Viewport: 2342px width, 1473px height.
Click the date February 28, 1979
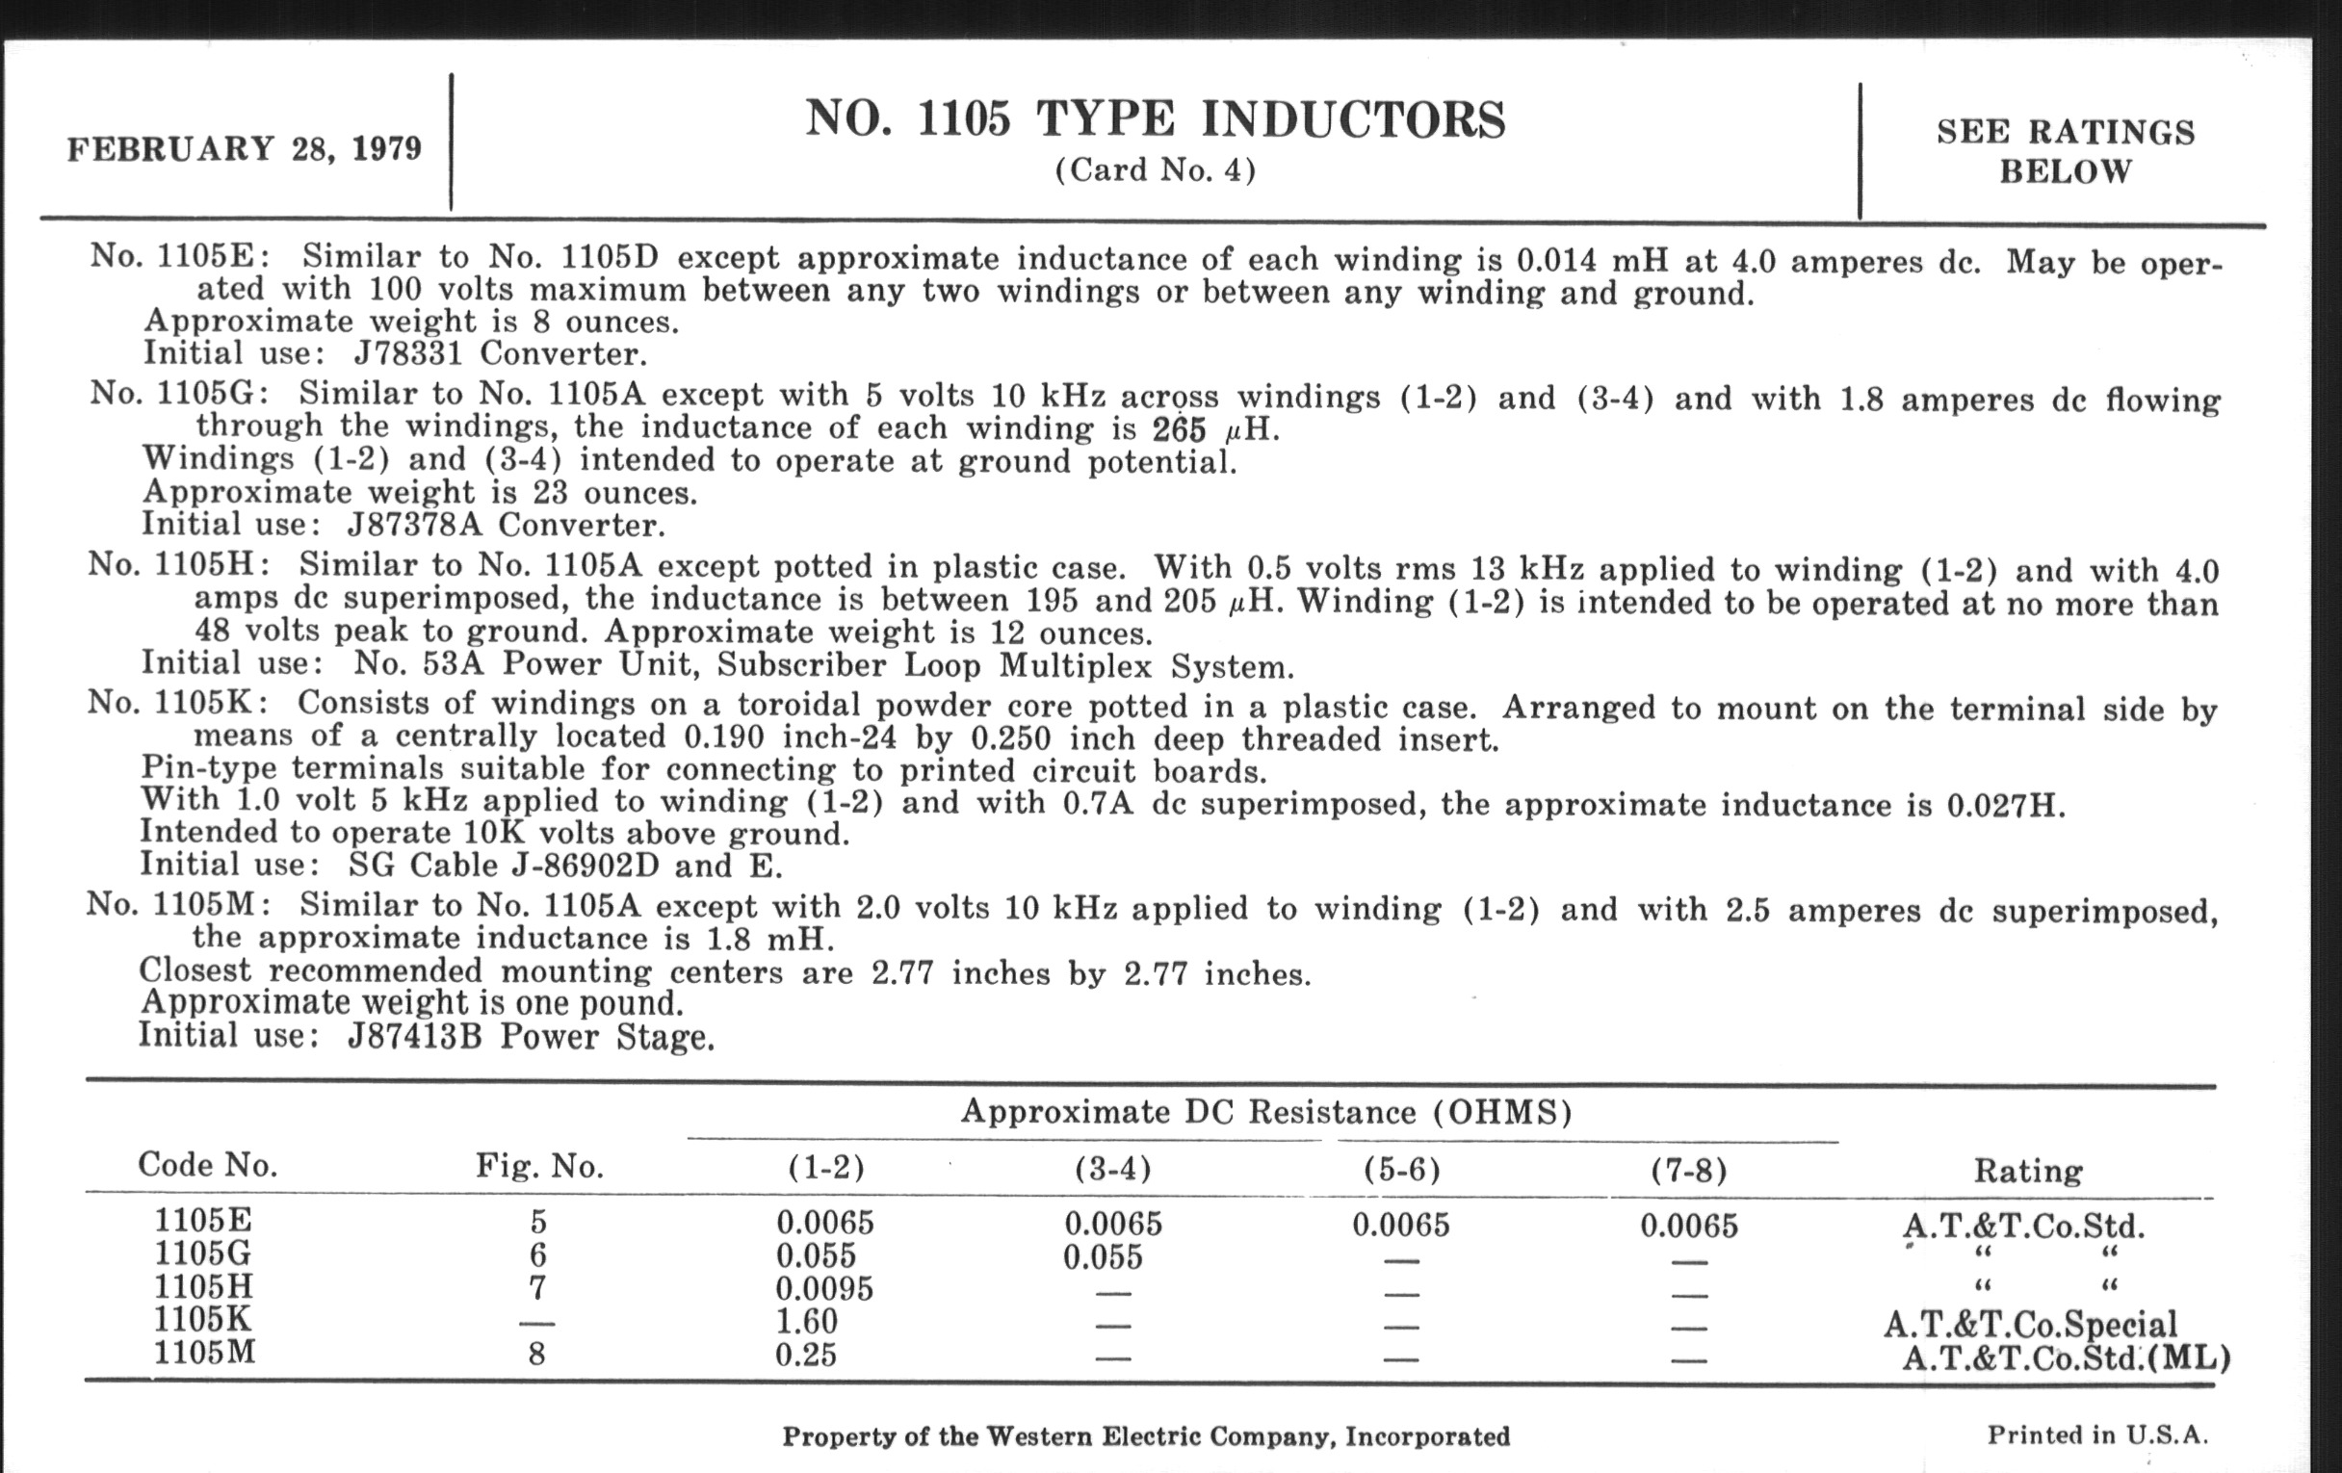(x=245, y=149)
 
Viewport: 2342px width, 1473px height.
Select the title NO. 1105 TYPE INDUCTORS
(x=1155, y=119)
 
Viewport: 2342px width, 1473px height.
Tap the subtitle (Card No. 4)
(x=1155, y=171)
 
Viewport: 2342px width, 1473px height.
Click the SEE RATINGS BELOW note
(x=2065, y=152)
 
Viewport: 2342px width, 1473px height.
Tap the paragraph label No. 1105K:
(x=179, y=702)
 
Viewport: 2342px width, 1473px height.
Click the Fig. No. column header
(x=539, y=1166)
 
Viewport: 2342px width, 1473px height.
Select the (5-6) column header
(x=1400, y=1170)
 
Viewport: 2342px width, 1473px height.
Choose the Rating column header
(x=2027, y=1171)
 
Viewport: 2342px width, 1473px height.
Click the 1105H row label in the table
(x=203, y=1287)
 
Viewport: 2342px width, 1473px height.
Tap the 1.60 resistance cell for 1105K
(x=806, y=1321)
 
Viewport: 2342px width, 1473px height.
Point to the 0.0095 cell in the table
(x=823, y=1289)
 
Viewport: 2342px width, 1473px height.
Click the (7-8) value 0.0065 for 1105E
(x=1688, y=1225)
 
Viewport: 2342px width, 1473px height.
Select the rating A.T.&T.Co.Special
(x=2030, y=1324)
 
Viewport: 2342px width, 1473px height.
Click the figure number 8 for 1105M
(x=537, y=1355)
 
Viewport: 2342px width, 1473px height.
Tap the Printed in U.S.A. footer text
(x=2096, y=1435)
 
